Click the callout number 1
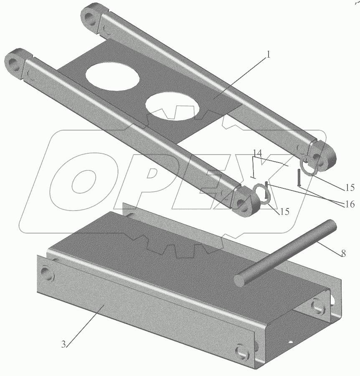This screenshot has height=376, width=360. pos(269,54)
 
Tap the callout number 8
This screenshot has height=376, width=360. pos(343,254)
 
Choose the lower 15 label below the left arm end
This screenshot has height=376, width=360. pos(284,211)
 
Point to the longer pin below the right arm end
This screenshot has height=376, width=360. pos(299,178)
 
